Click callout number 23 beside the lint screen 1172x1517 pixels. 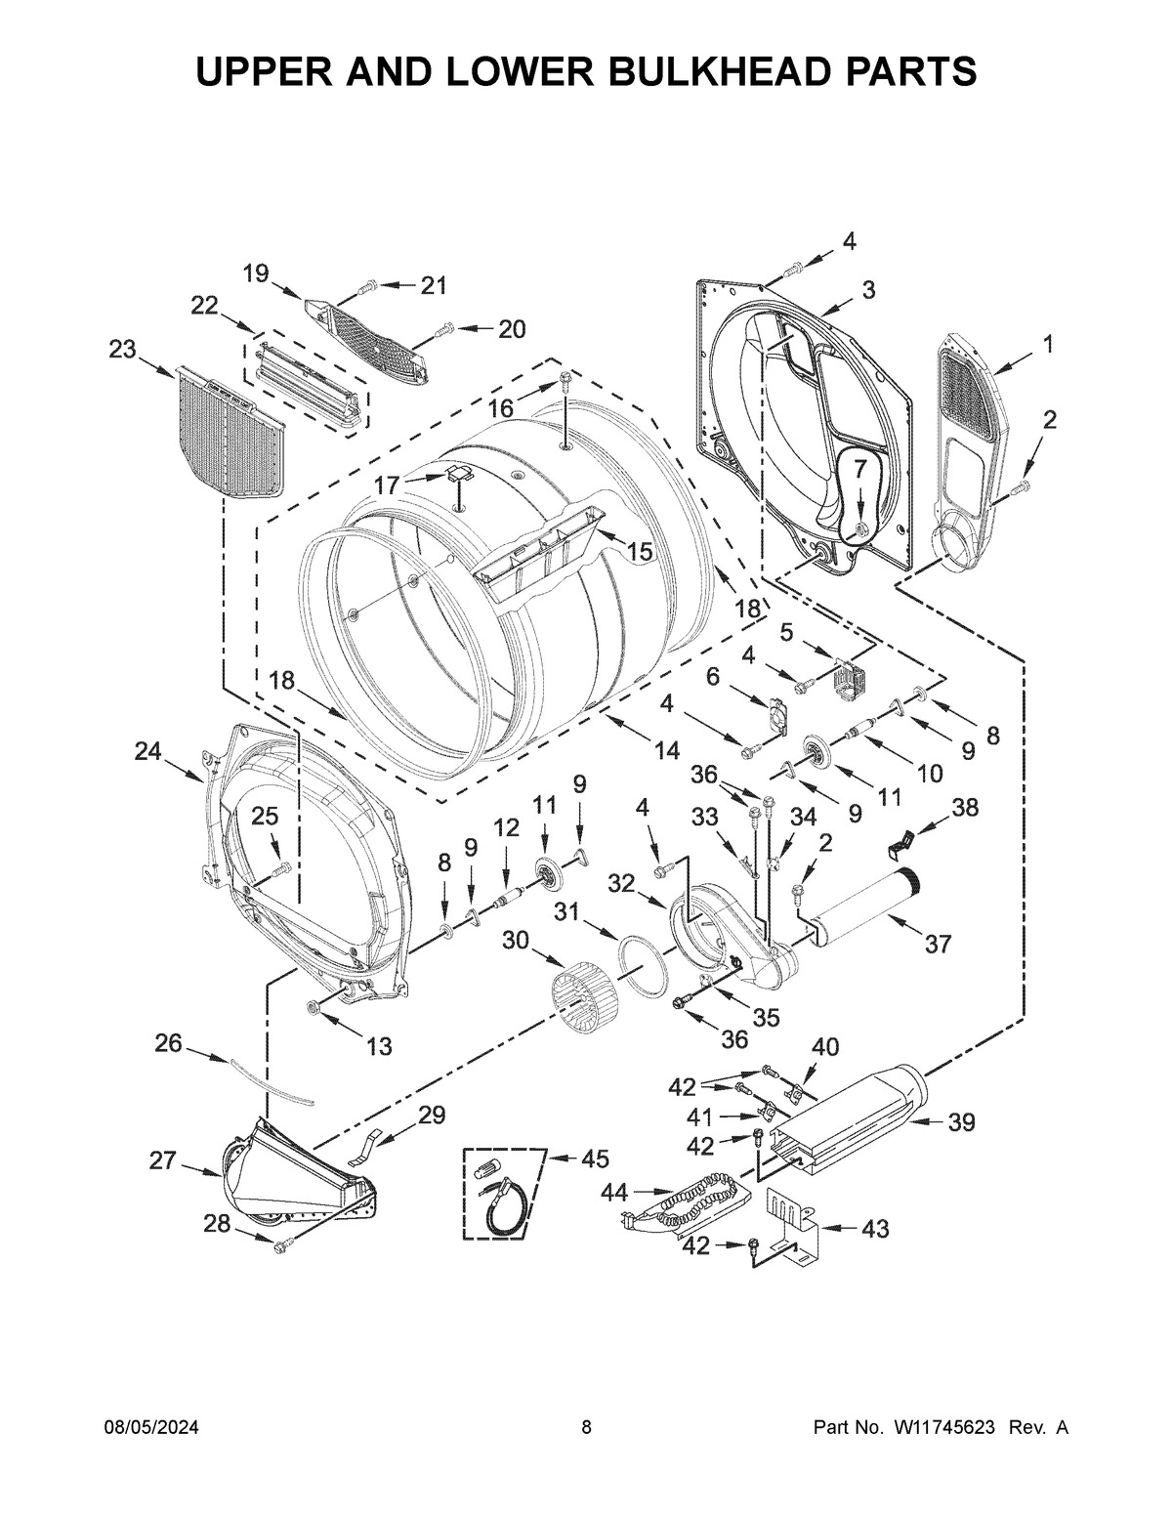click(x=123, y=350)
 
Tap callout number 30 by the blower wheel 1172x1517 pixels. click(x=518, y=940)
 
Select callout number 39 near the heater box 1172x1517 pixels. click(x=961, y=1122)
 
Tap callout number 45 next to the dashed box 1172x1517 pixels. click(x=595, y=1159)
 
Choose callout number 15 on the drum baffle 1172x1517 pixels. click(x=639, y=551)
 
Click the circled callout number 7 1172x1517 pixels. click(x=859, y=469)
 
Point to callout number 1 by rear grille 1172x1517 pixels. click(x=1047, y=343)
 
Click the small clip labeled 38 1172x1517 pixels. click(x=905, y=836)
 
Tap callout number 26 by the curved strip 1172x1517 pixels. click(x=168, y=1043)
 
